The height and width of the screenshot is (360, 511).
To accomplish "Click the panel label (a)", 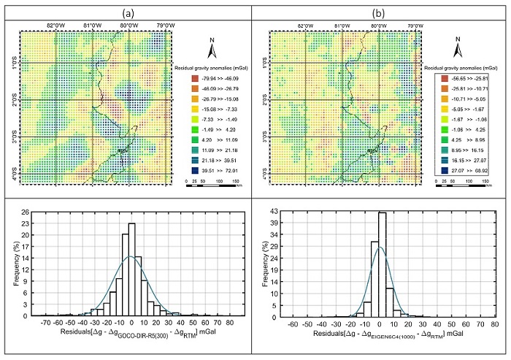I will tap(128, 12).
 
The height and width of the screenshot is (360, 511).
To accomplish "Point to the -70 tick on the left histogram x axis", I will tap(45, 322).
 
